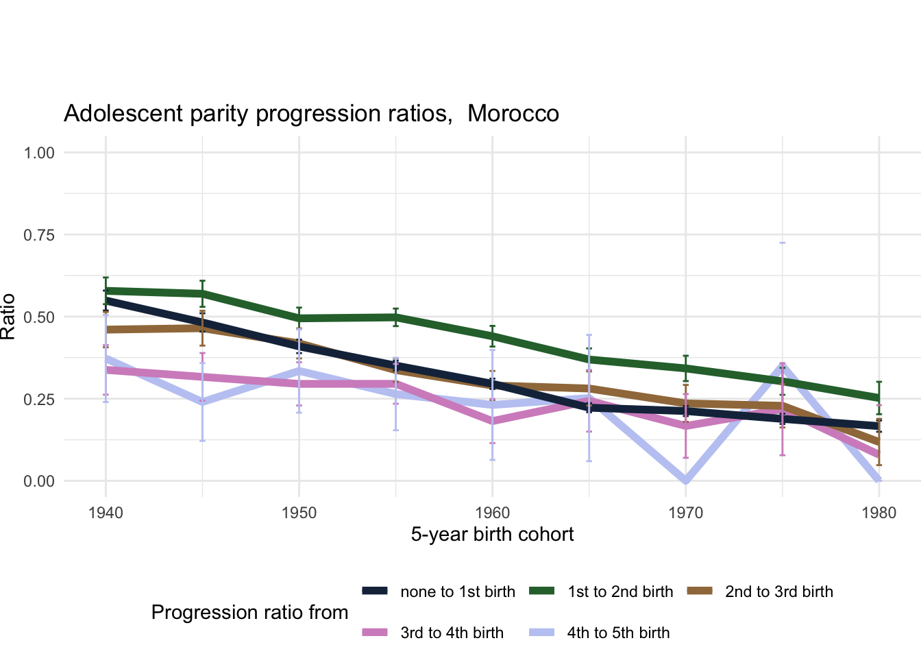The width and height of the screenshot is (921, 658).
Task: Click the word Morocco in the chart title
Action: (513, 114)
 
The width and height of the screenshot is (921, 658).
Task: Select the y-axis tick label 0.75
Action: (39, 235)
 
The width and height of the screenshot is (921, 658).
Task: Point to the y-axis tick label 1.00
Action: (39, 153)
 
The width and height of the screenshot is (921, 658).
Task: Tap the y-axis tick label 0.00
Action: (39, 481)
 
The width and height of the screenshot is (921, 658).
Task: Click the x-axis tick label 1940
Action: (106, 513)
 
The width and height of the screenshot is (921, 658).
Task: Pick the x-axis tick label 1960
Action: (492, 513)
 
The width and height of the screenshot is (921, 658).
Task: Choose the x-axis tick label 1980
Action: (879, 513)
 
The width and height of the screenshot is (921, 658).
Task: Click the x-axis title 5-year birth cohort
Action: (492, 535)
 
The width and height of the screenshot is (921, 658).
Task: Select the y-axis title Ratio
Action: (8, 317)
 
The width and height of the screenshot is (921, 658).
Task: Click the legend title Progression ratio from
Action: (249, 612)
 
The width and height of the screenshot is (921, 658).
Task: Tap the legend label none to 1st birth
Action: (458, 592)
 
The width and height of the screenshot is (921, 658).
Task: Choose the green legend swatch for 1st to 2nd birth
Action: (542, 592)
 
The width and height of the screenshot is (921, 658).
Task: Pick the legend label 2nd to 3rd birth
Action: (779, 592)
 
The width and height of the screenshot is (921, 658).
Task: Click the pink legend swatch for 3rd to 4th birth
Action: (375, 633)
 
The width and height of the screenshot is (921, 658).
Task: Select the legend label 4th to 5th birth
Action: (618, 633)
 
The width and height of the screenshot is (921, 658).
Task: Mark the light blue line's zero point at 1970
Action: (686, 480)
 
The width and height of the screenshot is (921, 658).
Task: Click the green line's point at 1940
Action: (106, 291)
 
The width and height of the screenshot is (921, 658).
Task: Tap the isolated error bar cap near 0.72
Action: (783, 243)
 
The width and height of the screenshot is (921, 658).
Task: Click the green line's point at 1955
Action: (395, 317)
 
